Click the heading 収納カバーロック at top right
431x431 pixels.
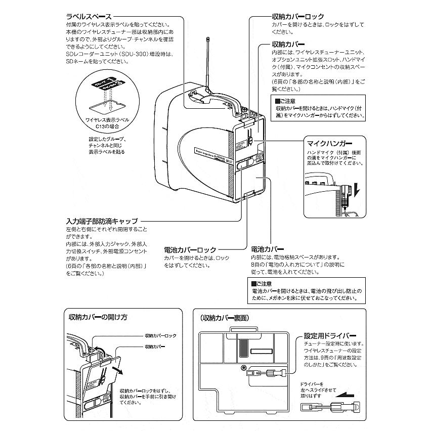click(295, 17)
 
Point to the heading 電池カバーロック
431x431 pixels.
click(190, 249)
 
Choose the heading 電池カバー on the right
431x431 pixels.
click(268, 249)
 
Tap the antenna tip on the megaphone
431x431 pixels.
click(208, 38)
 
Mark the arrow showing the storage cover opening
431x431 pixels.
click(117, 371)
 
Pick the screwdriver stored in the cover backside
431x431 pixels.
click(267, 375)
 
